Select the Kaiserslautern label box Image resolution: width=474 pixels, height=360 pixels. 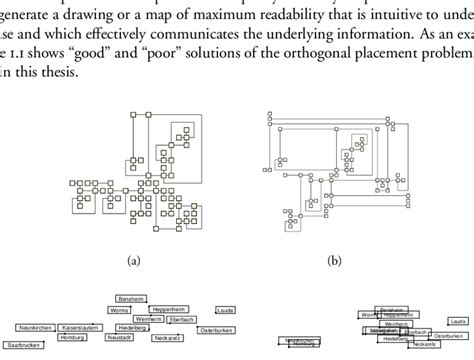click(83, 327)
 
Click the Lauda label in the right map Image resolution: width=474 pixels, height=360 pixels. click(456, 320)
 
